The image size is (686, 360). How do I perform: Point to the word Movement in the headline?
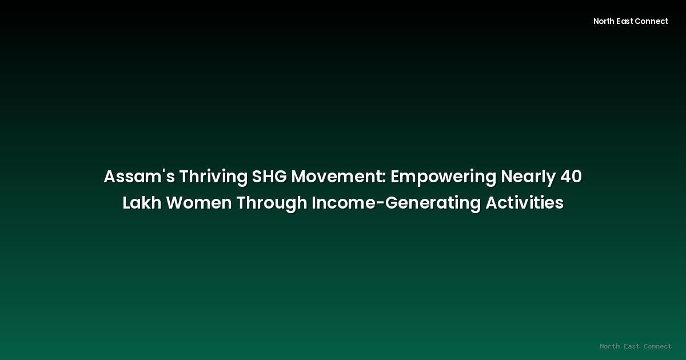337,177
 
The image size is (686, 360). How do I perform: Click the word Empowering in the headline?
444,177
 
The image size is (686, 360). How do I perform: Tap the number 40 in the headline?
571,177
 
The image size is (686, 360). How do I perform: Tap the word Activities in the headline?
524,203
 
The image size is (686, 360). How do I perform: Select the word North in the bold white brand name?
604,21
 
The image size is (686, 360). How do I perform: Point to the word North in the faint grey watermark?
610,346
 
